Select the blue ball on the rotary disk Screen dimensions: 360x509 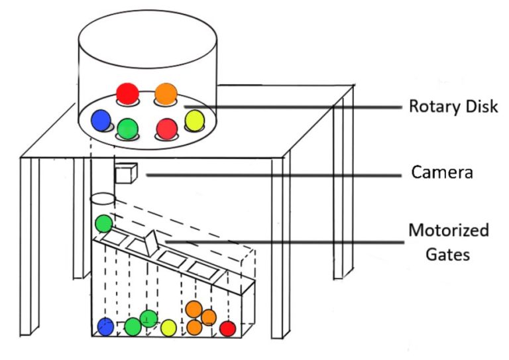[101, 119]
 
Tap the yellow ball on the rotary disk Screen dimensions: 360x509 [194, 120]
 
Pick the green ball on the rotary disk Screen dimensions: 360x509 [127, 126]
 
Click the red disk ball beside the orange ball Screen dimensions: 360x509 [127, 93]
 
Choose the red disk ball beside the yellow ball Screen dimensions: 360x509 [166, 127]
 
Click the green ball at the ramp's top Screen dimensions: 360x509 [103, 223]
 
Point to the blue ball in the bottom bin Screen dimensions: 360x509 [105, 327]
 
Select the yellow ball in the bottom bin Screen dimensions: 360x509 [168, 328]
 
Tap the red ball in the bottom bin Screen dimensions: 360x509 [228, 328]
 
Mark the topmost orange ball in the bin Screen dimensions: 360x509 [194, 308]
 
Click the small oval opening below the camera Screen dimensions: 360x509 [103, 198]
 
